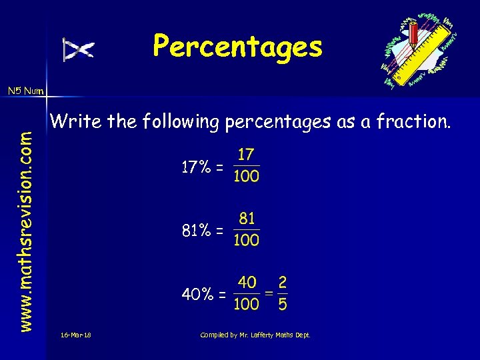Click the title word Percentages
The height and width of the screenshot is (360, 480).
[237, 47]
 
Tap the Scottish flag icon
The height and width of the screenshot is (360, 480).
[79, 49]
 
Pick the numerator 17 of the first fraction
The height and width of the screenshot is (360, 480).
[246, 155]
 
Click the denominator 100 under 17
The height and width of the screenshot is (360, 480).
[246, 177]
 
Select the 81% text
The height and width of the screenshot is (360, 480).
[197, 231]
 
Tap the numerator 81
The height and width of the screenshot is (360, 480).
[247, 219]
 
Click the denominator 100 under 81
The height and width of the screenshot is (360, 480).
[246, 240]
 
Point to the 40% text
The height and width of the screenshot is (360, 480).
[199, 294]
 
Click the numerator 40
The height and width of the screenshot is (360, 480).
[247, 283]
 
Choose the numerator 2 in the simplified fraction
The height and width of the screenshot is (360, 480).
[283, 283]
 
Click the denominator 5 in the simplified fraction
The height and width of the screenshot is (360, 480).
[283, 304]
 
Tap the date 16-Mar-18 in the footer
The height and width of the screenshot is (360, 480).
[75, 335]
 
